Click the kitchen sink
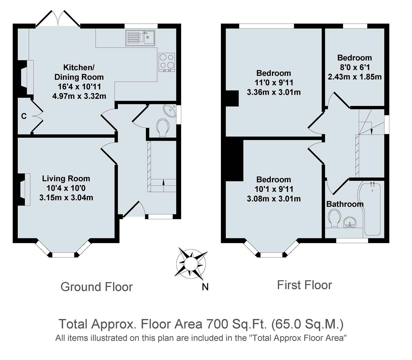pyautogui.click(x=140, y=38)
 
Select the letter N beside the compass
pyautogui.click(x=205, y=287)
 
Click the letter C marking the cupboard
pyautogui.click(x=24, y=116)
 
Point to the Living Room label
pyautogui.click(x=66, y=179)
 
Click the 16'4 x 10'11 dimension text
pyautogui.click(x=79, y=87)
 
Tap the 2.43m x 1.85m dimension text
pyautogui.click(x=354, y=77)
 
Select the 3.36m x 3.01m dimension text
pyautogui.click(x=273, y=92)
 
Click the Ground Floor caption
pyautogui.click(x=97, y=287)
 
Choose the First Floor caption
pyautogui.click(x=304, y=285)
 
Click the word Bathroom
pyautogui.click(x=345, y=204)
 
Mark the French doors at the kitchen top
pyautogui.click(x=58, y=19)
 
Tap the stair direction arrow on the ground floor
pyautogui.click(x=163, y=182)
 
